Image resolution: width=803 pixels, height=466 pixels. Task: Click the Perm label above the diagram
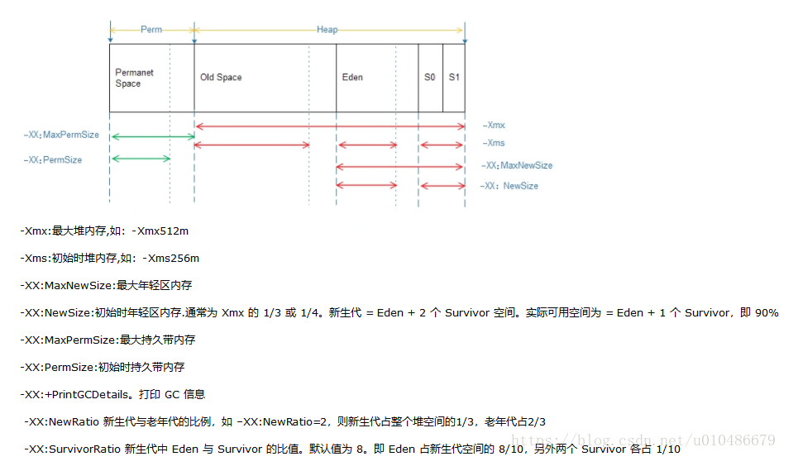(151, 30)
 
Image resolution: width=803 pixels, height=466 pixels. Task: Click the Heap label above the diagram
(327, 30)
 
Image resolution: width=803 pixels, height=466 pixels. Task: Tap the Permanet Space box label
(134, 78)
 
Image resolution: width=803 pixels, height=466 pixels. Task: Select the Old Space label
(221, 78)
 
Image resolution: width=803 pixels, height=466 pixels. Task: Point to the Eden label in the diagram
(352, 78)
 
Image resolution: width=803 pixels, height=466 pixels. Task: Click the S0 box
(430, 78)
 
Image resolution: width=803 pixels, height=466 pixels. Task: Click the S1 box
(454, 78)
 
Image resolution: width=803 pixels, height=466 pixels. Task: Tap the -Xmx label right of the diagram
(494, 126)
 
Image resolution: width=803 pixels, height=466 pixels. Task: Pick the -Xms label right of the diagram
(494, 144)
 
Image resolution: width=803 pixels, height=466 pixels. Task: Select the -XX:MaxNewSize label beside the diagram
(517, 166)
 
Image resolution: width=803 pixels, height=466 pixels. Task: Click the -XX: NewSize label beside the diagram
(509, 186)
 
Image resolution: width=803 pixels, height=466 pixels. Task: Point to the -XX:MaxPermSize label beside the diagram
(62, 135)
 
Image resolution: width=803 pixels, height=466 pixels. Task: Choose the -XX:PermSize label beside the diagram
(54, 159)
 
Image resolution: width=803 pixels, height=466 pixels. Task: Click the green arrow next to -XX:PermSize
(140, 158)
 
